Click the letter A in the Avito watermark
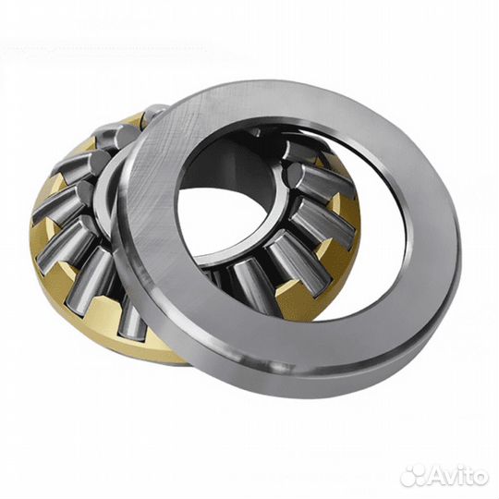click(x=435, y=477)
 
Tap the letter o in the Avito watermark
click(x=479, y=479)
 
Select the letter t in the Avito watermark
click(x=467, y=478)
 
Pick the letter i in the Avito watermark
click(x=459, y=477)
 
